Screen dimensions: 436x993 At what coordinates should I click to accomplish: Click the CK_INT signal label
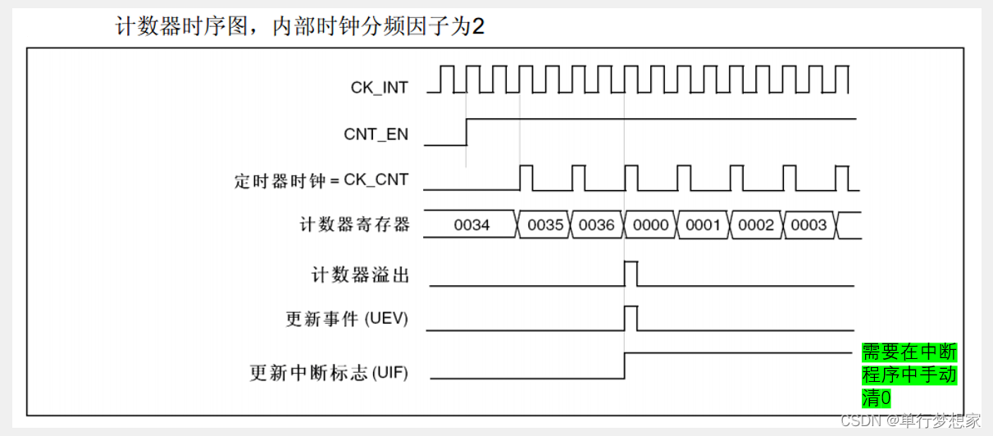379,88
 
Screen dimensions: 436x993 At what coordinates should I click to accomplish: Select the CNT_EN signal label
376,134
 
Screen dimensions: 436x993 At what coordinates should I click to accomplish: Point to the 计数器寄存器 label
354,224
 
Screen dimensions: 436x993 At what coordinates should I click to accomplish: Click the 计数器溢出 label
360,275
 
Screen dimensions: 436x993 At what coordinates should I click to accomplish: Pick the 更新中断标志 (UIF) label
329,373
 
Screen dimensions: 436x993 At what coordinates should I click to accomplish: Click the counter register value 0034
471,225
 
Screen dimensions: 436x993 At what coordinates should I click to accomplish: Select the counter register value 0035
545,225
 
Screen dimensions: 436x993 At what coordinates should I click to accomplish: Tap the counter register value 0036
596,225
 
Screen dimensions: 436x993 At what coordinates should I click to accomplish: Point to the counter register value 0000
651,225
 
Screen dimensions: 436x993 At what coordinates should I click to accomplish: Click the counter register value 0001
703,225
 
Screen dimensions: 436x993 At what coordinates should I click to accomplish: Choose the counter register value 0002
755,225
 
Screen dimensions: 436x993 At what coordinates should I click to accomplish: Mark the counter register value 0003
808,225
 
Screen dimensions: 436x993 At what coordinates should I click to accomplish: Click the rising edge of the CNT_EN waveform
467,132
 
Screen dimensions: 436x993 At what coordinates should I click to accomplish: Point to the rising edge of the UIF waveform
625,366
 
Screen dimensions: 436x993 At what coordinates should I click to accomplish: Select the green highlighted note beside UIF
909,375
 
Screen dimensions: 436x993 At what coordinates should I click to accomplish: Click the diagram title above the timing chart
299,26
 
